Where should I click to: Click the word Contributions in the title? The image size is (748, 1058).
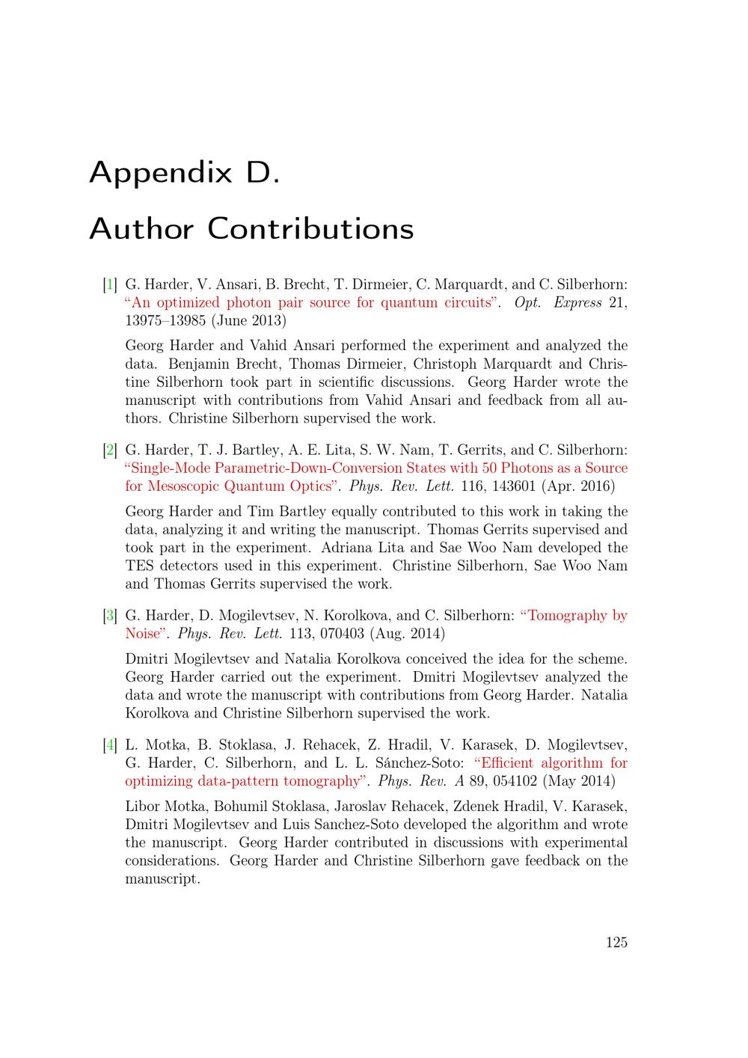pyautogui.click(x=310, y=228)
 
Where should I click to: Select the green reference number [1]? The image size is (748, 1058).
pyautogui.click(x=110, y=284)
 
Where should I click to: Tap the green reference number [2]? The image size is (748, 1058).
pyautogui.click(x=110, y=450)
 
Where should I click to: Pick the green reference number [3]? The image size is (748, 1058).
pyautogui.click(x=110, y=616)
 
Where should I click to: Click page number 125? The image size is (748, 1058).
pyautogui.click(x=616, y=942)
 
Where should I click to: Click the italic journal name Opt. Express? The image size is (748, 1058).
pyautogui.click(x=558, y=303)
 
